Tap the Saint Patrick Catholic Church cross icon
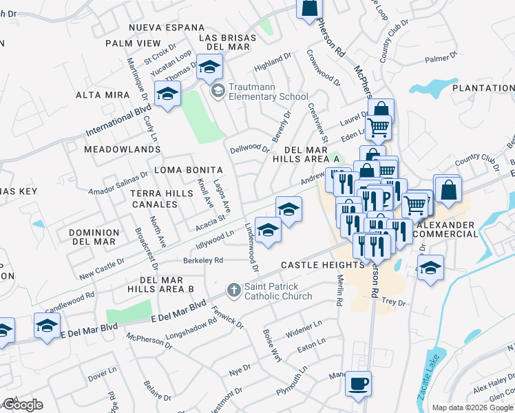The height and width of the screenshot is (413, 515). point(234,290)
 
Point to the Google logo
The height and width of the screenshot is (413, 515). point(22,405)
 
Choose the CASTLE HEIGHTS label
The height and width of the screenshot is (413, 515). point(322,265)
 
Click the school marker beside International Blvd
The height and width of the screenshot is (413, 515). point(167,96)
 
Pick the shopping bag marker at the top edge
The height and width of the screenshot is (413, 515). point(309,8)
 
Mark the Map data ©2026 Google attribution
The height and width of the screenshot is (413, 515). point(472,407)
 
